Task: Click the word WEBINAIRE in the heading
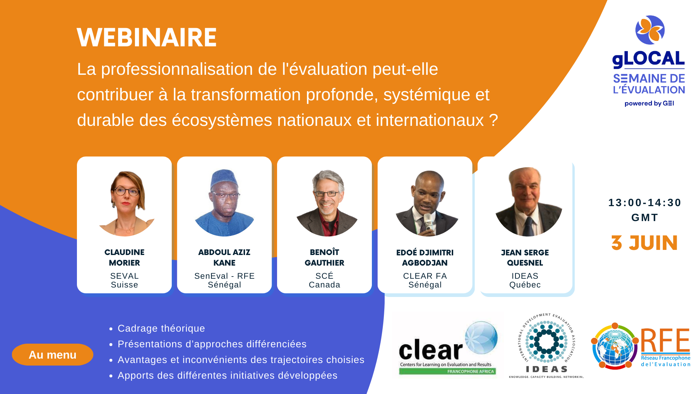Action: (x=147, y=38)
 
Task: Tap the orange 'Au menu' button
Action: (x=52, y=355)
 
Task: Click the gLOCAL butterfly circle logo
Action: (x=650, y=30)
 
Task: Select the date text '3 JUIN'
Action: (x=645, y=243)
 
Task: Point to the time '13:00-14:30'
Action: (x=645, y=203)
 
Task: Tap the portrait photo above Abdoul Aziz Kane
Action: (x=224, y=202)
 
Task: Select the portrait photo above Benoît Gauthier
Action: (x=327, y=203)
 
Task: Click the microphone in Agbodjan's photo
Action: (x=428, y=223)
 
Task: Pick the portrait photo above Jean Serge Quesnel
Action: (x=528, y=202)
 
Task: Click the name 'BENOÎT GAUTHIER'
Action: (x=324, y=258)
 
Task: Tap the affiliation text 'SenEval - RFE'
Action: (x=225, y=276)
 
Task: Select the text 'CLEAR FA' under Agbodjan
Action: (x=425, y=276)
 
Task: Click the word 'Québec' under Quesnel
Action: (x=525, y=285)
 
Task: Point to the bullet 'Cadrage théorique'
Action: (x=162, y=328)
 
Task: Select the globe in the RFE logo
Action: (x=615, y=346)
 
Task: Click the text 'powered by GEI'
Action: (x=649, y=104)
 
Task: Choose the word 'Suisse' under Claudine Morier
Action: (x=125, y=285)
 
